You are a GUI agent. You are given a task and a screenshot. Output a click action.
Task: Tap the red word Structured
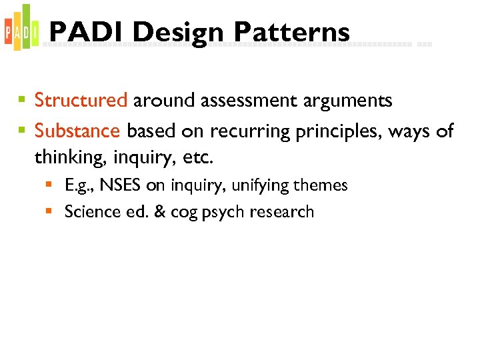pyautogui.click(x=81, y=101)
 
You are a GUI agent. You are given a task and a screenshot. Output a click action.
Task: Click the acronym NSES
pyautogui.click(x=121, y=185)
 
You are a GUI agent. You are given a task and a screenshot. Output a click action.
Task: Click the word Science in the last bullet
pyautogui.click(x=91, y=212)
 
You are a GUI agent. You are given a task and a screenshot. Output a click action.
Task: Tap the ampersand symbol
pyautogui.click(x=159, y=212)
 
